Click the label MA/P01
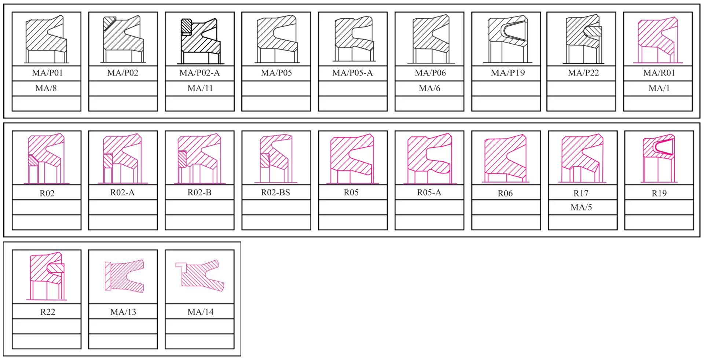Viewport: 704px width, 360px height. [x=47, y=73]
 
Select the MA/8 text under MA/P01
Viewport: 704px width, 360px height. [x=46, y=88]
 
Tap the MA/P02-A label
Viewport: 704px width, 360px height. [x=199, y=73]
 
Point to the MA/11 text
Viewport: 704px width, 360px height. [x=200, y=88]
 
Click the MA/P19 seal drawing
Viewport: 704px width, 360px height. [x=507, y=39]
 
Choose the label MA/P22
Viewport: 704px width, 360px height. [x=583, y=73]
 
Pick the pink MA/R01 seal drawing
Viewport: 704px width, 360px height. [x=658, y=40]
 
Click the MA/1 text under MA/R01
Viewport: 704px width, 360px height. [x=659, y=88]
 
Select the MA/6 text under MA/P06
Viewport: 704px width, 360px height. [x=429, y=88]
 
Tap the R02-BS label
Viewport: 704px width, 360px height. [x=275, y=192]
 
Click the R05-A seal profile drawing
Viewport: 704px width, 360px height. [x=430, y=158]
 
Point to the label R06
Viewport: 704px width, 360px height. [x=505, y=194]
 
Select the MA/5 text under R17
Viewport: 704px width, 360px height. [x=581, y=207]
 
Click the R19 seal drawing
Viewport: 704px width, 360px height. [x=659, y=158]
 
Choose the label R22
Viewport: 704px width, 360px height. [x=48, y=312]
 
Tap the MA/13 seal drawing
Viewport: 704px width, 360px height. [x=124, y=276]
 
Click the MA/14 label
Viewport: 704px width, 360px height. [x=200, y=312]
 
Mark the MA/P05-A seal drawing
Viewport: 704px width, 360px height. [x=354, y=38]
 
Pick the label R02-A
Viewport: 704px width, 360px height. [x=122, y=192]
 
